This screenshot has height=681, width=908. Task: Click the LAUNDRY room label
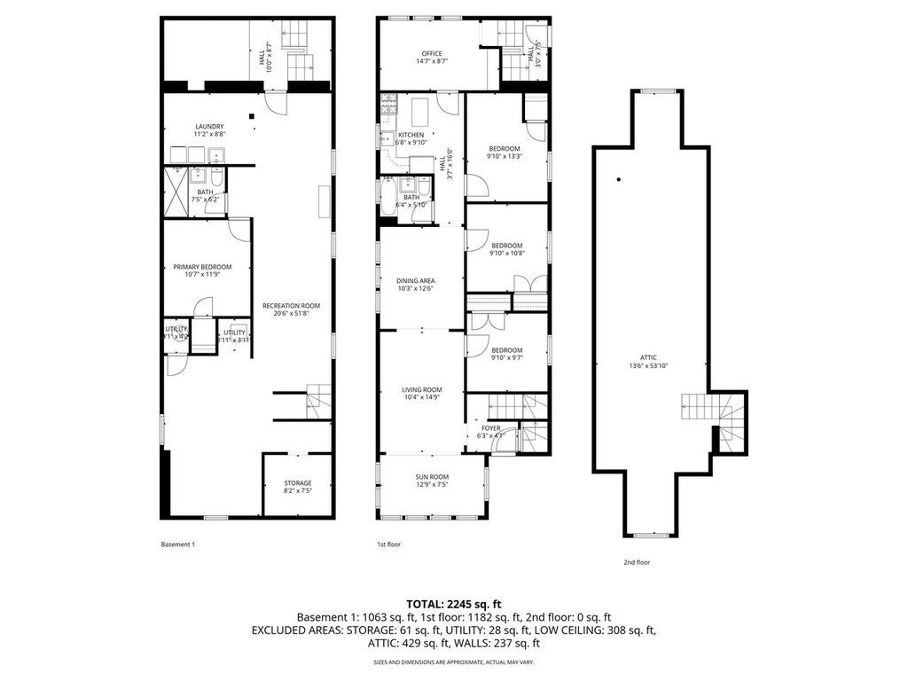tap(209, 126)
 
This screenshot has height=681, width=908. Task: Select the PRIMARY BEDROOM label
tap(202, 267)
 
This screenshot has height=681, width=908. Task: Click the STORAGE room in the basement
tap(297, 483)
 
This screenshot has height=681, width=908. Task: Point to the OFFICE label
tap(432, 54)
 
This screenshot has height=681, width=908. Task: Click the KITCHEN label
tap(398, 135)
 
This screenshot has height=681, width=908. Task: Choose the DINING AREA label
tap(415, 281)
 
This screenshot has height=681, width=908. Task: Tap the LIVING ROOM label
tap(421, 390)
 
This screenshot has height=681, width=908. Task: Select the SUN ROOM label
tap(432, 477)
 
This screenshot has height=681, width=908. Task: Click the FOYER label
tap(491, 428)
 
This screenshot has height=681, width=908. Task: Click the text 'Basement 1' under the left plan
tap(176, 544)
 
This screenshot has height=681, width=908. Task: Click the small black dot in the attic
tap(618, 180)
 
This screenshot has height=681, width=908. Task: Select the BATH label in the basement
tap(205, 192)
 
